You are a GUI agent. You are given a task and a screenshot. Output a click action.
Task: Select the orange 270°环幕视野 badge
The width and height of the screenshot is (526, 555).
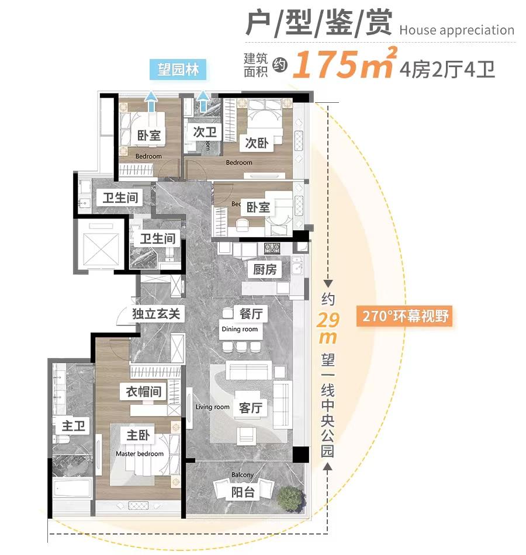(x=404, y=316)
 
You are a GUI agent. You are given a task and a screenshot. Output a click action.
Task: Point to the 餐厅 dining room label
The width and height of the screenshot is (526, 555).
(x=251, y=314)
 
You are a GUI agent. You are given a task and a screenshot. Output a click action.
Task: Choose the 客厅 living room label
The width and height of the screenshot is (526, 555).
(x=250, y=408)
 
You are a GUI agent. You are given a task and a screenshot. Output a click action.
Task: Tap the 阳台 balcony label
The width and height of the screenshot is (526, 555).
(x=243, y=492)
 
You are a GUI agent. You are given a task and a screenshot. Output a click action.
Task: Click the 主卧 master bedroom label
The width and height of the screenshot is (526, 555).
(x=139, y=435)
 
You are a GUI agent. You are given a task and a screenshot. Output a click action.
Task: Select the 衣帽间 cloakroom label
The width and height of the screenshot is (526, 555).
(x=144, y=390)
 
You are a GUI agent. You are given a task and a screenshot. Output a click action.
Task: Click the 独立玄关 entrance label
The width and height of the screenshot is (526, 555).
(x=155, y=314)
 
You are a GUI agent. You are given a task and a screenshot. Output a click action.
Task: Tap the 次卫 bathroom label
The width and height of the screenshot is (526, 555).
(x=205, y=132)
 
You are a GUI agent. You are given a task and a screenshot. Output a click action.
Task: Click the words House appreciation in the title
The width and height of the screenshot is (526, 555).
(x=457, y=30)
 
